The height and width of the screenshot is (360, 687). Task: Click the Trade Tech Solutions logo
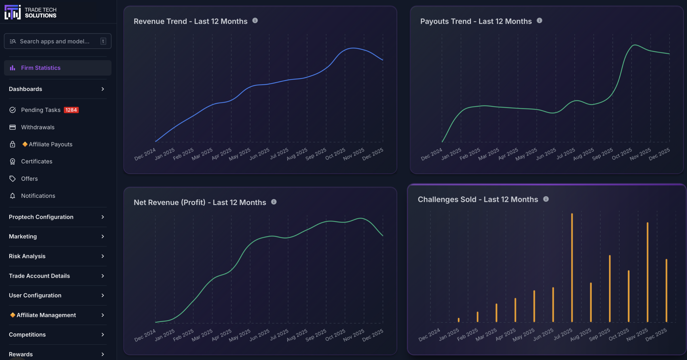(x=30, y=12)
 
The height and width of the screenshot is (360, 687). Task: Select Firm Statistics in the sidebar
(x=41, y=68)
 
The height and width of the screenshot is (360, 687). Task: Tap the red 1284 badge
(x=71, y=110)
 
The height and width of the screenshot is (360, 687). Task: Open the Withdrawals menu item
(x=38, y=127)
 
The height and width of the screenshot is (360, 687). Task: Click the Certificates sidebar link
(x=37, y=161)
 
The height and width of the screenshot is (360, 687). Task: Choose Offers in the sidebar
(x=29, y=179)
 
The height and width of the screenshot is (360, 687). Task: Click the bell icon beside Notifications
(x=12, y=196)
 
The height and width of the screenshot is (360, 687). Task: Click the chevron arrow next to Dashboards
(x=103, y=89)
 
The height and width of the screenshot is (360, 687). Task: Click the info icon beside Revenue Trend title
(x=255, y=21)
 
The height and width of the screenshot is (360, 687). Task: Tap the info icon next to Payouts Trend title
(x=539, y=21)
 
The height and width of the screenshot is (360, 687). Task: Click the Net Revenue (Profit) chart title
(x=200, y=202)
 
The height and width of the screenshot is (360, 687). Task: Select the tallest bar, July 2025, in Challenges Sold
(x=572, y=268)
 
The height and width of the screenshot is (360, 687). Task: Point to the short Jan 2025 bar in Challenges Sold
(x=459, y=320)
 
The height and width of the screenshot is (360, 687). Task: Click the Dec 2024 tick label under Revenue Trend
(x=145, y=154)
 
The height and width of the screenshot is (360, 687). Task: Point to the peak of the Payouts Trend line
(x=635, y=45)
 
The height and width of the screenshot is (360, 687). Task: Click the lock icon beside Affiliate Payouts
(x=12, y=144)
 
